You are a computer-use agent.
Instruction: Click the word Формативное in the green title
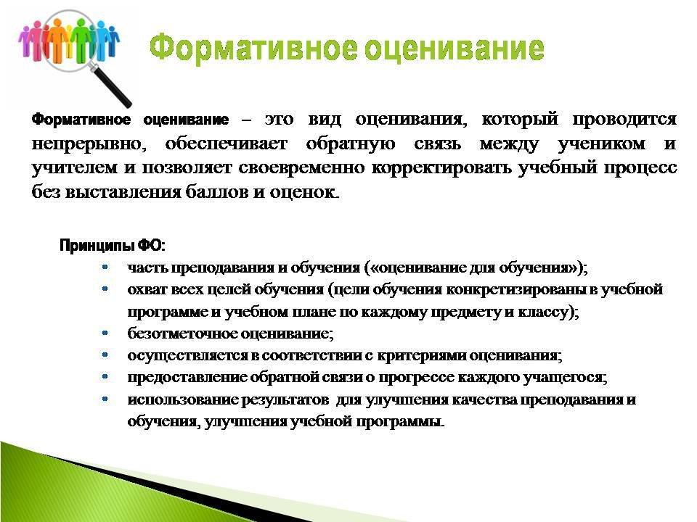tap(253, 49)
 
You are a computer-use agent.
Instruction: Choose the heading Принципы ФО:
tap(113, 246)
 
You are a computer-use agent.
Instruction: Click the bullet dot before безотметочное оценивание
tap(105, 333)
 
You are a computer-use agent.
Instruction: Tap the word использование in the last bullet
tap(183, 399)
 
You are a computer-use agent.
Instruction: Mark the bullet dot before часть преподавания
tap(105, 268)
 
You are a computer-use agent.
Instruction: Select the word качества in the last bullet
tap(484, 399)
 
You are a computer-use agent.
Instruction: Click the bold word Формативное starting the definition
tap(81, 120)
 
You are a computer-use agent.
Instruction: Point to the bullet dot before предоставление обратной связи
tap(105, 377)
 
